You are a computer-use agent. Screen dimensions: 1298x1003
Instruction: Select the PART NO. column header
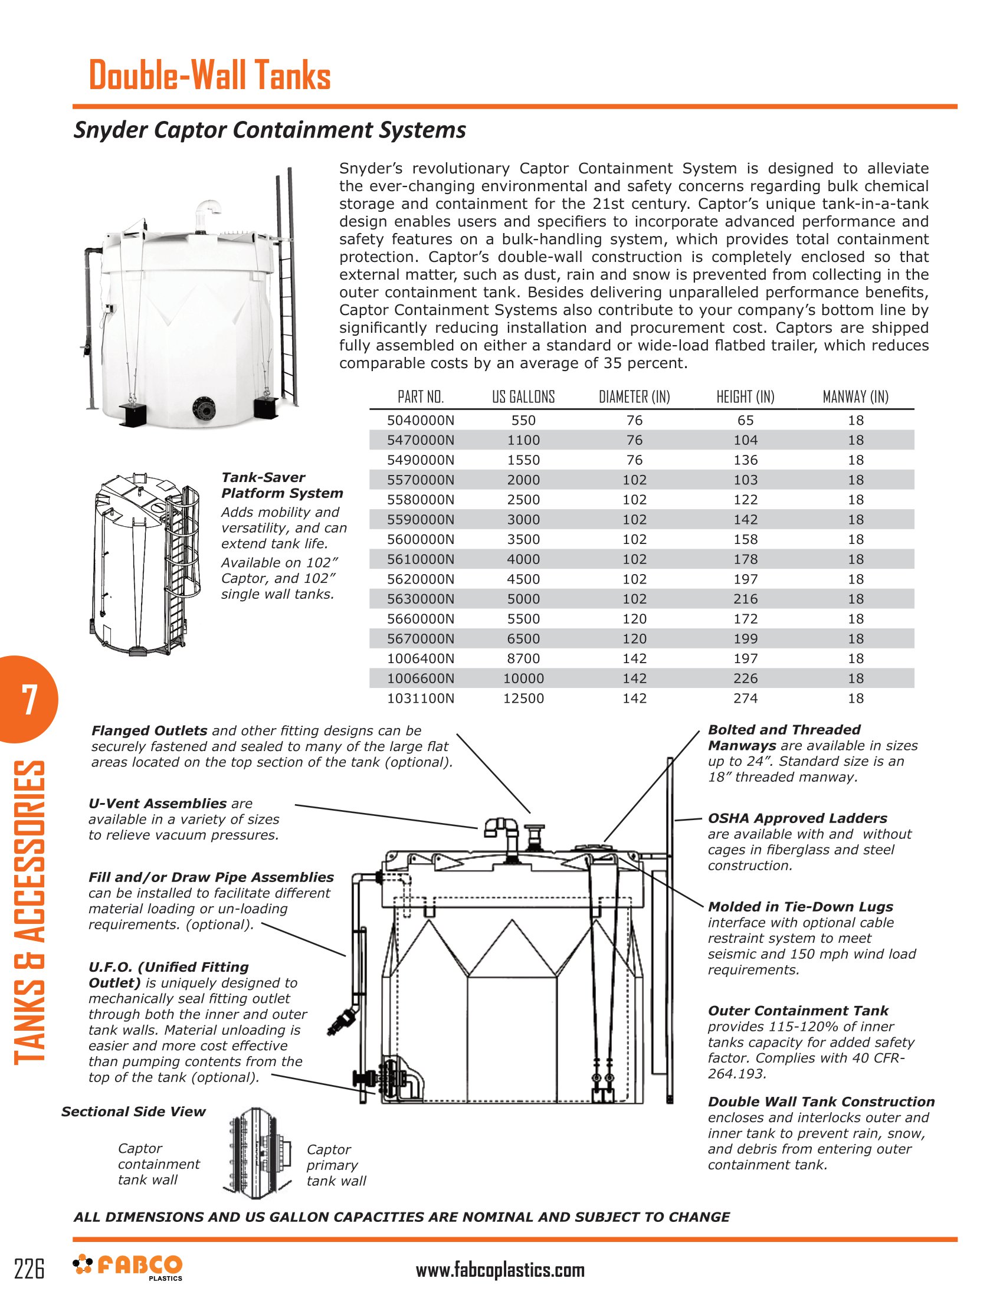(421, 397)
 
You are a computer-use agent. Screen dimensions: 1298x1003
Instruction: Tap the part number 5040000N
(421, 421)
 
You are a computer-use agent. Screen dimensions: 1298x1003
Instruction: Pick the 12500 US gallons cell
(523, 699)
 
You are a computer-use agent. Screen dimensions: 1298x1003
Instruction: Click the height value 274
(745, 699)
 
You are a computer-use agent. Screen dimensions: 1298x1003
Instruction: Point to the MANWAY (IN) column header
(855, 397)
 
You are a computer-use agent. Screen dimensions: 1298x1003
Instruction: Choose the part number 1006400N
(421, 658)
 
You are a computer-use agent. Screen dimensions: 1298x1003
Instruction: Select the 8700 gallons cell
(523, 658)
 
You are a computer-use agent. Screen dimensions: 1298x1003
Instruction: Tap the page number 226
(29, 1269)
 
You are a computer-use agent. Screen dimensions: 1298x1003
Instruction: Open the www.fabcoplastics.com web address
(500, 1270)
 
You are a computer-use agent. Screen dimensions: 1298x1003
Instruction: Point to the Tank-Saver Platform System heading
(281, 486)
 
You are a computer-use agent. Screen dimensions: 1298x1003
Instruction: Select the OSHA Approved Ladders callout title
(797, 818)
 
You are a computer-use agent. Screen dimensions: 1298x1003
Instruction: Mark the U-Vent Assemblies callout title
(158, 804)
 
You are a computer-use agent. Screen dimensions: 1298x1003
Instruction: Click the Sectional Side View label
(133, 1112)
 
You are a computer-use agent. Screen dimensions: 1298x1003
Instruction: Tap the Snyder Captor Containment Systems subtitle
(270, 130)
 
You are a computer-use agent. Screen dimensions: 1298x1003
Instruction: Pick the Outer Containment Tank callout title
(798, 1010)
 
